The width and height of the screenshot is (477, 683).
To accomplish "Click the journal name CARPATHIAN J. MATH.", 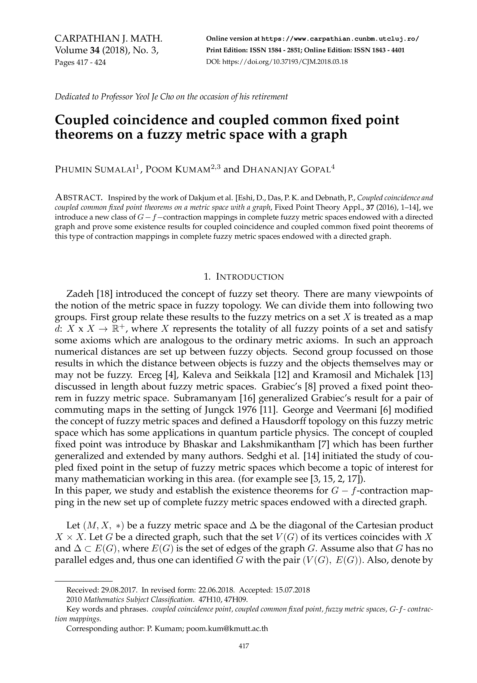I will [x=109, y=39].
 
